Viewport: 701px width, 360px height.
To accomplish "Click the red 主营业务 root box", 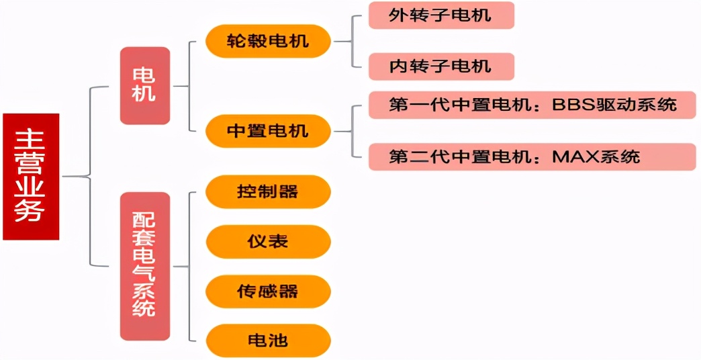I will pos(31,177).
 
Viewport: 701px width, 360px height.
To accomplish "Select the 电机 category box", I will pos(144,85).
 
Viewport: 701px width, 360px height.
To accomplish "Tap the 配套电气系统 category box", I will pos(144,266).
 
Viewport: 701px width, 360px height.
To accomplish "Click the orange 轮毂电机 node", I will pos(268,41).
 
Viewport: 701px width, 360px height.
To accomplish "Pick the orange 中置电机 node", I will pos(268,130).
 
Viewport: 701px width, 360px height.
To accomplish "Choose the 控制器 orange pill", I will pos(268,192).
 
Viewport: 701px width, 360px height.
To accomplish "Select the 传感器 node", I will pos(268,291).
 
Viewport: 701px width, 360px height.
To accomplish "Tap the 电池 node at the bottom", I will pos(268,341).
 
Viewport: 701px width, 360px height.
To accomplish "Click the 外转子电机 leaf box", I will pos(440,15).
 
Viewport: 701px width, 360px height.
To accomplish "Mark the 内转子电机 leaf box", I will pos(440,66).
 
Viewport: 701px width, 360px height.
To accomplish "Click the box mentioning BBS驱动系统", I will pos(531,105).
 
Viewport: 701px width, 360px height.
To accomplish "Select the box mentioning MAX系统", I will pos(531,156).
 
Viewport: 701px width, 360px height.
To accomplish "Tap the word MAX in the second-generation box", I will pos(571,157).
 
